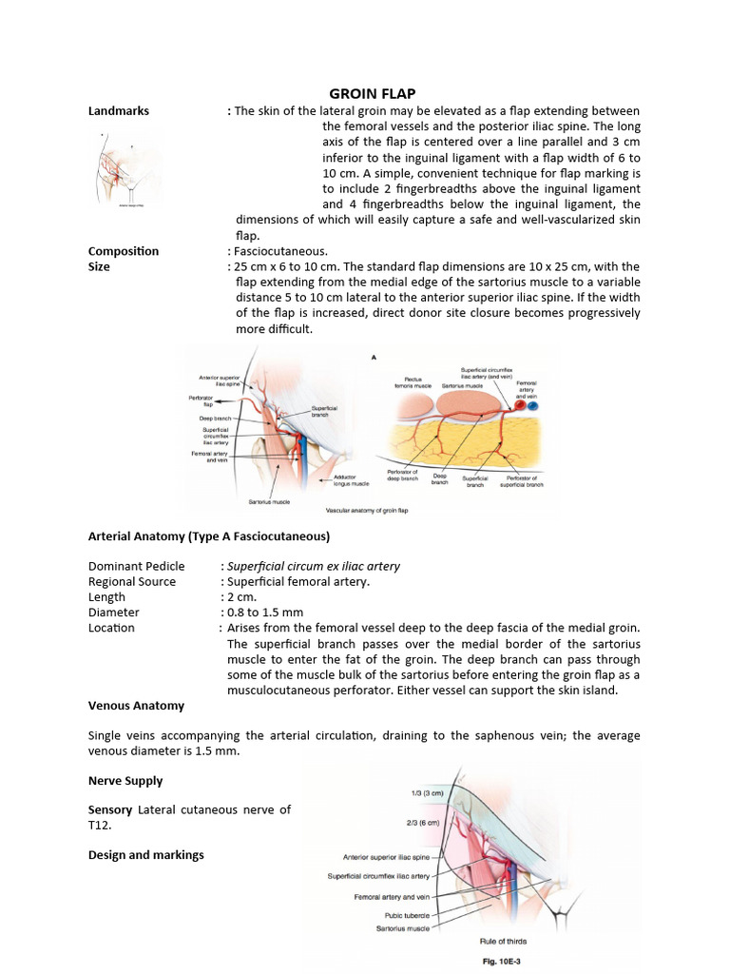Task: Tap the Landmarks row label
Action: (119, 111)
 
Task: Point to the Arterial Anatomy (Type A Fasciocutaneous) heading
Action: (209, 536)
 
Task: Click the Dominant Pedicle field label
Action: (137, 566)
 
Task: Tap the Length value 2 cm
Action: (243, 597)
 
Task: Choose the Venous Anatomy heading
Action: (136, 706)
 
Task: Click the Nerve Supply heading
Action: (125, 781)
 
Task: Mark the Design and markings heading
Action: (146, 855)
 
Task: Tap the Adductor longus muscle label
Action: (345, 481)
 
